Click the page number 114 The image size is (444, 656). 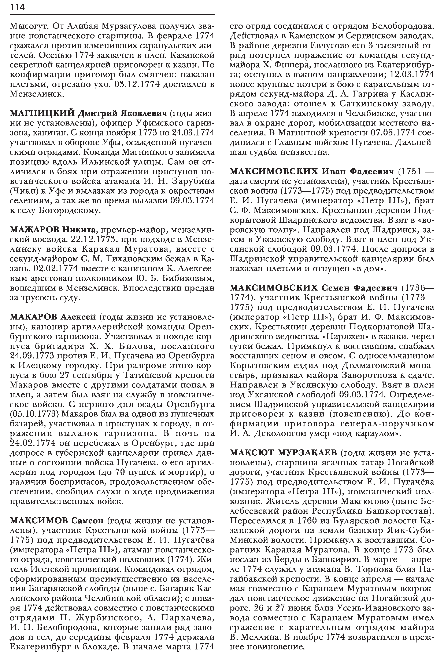17,8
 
